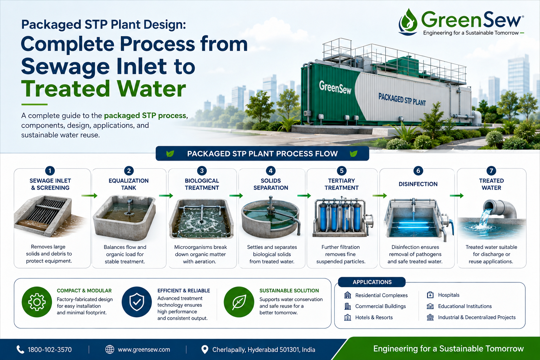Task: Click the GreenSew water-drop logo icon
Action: (x=408, y=22)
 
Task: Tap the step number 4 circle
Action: (x=271, y=171)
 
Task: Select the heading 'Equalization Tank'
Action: (x=128, y=184)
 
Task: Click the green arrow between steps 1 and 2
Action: (x=89, y=195)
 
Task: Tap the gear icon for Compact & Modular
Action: (x=37, y=302)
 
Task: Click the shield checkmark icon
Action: (x=137, y=302)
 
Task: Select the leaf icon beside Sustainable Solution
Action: (x=239, y=302)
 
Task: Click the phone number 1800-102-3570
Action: (x=50, y=350)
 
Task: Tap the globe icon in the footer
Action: (x=110, y=349)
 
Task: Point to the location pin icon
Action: (x=205, y=349)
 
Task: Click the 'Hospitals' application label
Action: (x=449, y=295)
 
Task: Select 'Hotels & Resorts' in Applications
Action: (x=374, y=317)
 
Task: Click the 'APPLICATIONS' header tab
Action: (x=372, y=282)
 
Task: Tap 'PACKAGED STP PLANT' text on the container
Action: (x=402, y=99)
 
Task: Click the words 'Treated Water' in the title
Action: (x=104, y=89)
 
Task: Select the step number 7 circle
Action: (x=491, y=171)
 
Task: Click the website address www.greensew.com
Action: (x=144, y=350)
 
